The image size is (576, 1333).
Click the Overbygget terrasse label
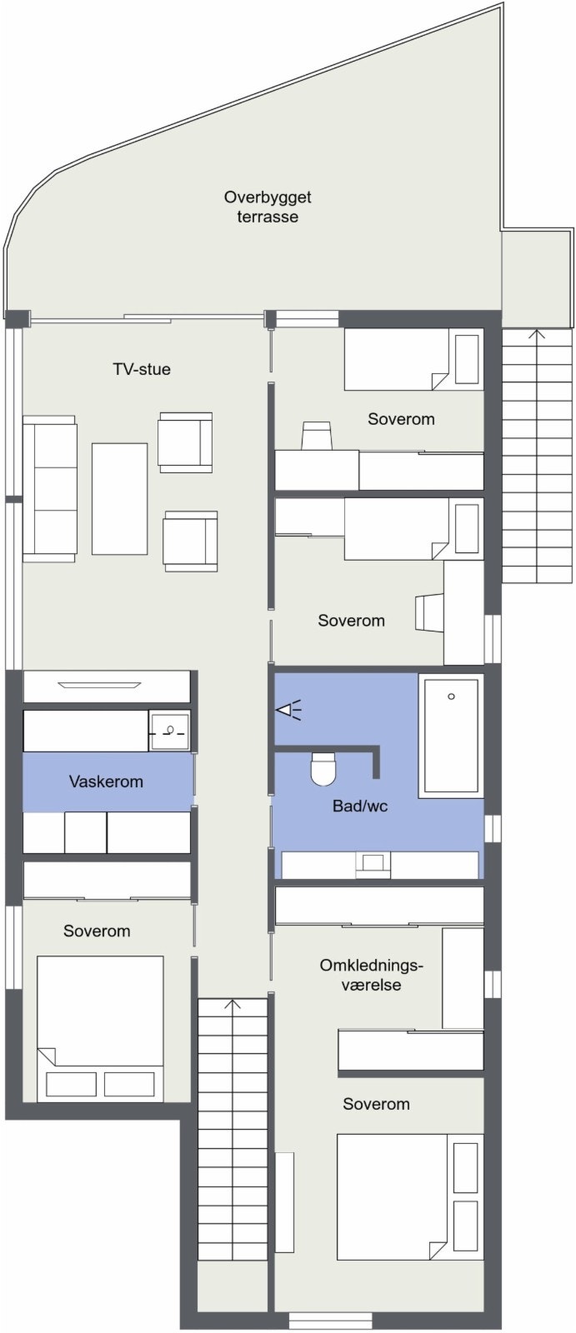coord(268,207)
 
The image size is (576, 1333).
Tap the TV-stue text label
coord(142,369)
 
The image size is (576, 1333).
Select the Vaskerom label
coord(106,781)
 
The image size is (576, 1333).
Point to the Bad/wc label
coord(360,806)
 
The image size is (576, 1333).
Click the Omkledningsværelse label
coord(372,975)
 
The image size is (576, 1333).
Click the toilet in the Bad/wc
coord(323,769)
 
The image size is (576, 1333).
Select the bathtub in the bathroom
coord(451,733)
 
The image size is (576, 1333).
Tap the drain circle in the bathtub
coord(451,696)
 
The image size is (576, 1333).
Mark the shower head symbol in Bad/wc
coord(288,711)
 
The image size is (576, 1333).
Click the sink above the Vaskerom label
coord(169,731)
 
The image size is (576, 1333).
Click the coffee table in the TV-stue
coord(119,498)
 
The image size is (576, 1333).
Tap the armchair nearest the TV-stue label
coord(185,442)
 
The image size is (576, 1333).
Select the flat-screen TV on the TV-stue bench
coord(98,686)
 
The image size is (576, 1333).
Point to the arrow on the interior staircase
coord(233,1006)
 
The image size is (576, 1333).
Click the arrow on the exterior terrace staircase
coord(538,335)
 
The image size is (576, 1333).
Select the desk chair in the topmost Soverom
coord(317,436)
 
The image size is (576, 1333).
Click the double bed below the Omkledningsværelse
coord(409,1196)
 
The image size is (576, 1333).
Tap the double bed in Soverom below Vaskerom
coord(100,1027)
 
